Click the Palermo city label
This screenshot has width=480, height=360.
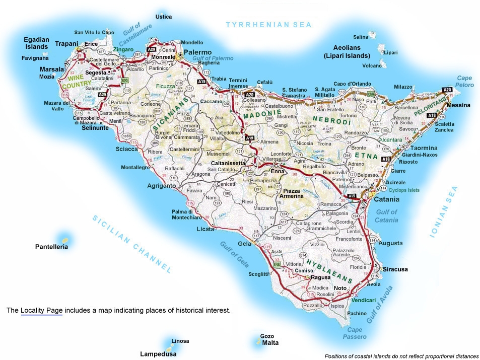(197, 52)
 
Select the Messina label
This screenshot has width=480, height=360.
(458, 105)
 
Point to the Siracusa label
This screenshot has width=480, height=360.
(396, 269)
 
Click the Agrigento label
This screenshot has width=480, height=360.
(161, 185)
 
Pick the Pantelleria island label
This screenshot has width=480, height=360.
(51, 247)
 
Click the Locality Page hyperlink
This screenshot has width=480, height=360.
(41, 310)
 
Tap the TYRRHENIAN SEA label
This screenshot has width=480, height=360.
(269, 24)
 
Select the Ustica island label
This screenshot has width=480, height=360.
(164, 17)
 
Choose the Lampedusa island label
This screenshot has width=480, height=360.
(158, 354)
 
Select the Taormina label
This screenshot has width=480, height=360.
(424, 148)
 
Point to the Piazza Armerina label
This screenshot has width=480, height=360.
(293, 193)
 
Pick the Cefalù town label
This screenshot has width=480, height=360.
(264, 82)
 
